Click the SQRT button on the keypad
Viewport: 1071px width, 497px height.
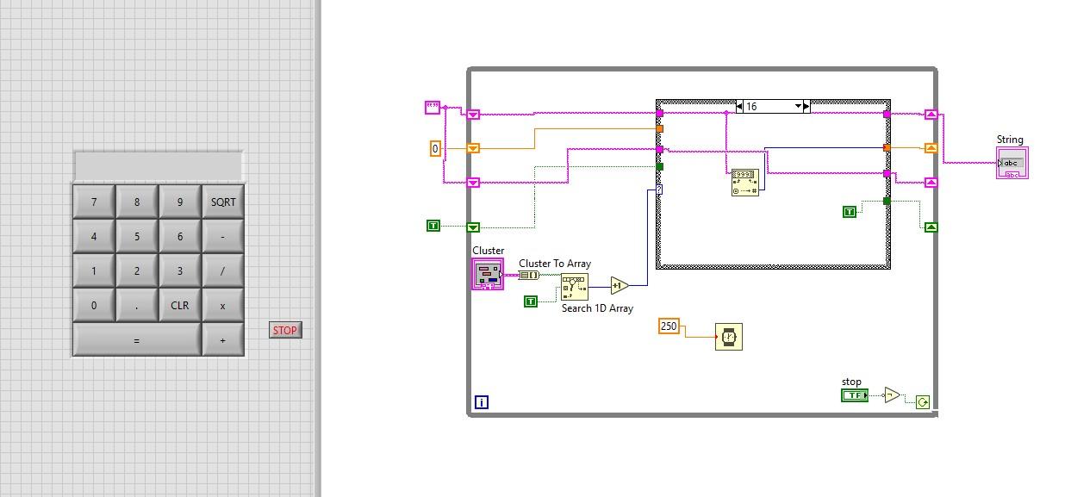tap(222, 202)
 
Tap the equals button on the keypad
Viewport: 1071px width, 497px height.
tap(136, 340)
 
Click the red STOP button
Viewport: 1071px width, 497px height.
tap(284, 330)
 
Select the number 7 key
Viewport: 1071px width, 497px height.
tap(94, 202)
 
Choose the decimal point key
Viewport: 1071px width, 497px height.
tap(136, 306)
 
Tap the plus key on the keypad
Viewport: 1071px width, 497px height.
tap(222, 340)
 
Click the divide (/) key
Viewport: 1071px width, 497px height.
tap(222, 271)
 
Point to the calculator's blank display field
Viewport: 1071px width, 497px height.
tap(159, 165)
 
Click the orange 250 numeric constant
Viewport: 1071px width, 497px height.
tap(669, 326)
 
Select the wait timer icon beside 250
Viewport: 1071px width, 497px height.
tap(728, 336)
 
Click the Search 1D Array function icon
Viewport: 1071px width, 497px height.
tap(574, 287)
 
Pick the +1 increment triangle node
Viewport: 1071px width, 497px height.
tap(619, 285)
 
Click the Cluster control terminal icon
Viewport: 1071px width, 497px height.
tap(487, 275)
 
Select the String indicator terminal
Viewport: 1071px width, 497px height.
tap(1012, 163)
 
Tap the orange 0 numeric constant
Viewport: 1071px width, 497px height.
tap(435, 149)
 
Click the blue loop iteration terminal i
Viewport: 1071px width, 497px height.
tap(481, 401)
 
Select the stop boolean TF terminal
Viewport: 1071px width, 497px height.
tap(854, 395)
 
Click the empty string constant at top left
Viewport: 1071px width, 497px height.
tap(433, 108)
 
